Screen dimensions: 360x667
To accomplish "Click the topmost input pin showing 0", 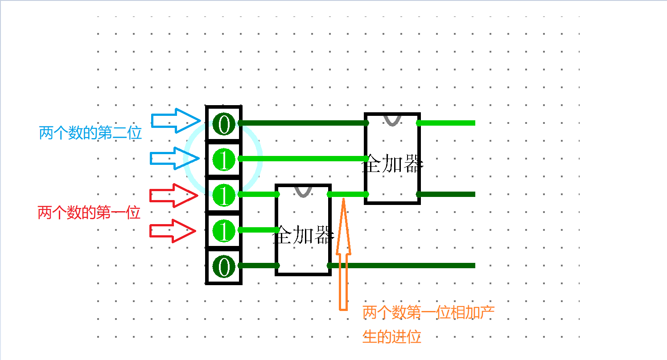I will (x=224, y=124).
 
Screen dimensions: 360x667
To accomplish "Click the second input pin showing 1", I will (x=224, y=160).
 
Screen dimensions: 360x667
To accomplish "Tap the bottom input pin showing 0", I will (x=224, y=266).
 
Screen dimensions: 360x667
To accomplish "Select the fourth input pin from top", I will (x=224, y=231).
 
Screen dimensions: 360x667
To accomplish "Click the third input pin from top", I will (x=224, y=195).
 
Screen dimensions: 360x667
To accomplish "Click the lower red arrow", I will (x=173, y=231).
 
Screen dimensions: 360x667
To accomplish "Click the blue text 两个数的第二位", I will (x=91, y=133).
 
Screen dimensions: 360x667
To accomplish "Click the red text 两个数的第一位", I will (x=89, y=213).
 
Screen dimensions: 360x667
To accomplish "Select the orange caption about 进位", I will (x=428, y=324).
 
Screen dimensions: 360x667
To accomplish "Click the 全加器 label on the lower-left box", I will (x=303, y=236).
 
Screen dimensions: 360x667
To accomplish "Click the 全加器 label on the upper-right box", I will (x=392, y=164).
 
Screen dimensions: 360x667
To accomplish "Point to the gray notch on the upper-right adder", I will (x=392, y=119).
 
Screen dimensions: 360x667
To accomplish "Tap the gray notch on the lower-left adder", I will (x=303, y=191).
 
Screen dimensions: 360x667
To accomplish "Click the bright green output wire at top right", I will (x=447, y=123).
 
